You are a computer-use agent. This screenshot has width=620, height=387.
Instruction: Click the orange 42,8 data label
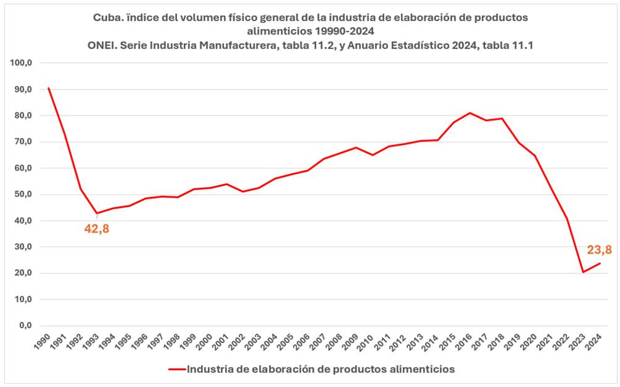coord(97,229)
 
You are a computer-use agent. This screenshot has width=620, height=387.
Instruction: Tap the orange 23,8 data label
coord(599,250)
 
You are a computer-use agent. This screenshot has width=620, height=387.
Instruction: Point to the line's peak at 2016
coord(470,113)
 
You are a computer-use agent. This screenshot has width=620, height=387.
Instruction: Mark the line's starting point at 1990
coord(49,88)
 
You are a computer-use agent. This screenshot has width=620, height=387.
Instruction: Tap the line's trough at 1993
coord(97,214)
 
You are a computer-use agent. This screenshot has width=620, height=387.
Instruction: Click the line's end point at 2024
coord(600,264)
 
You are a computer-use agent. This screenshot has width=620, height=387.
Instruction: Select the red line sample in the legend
coord(176,369)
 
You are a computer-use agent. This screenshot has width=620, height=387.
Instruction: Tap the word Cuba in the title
coord(108,18)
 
